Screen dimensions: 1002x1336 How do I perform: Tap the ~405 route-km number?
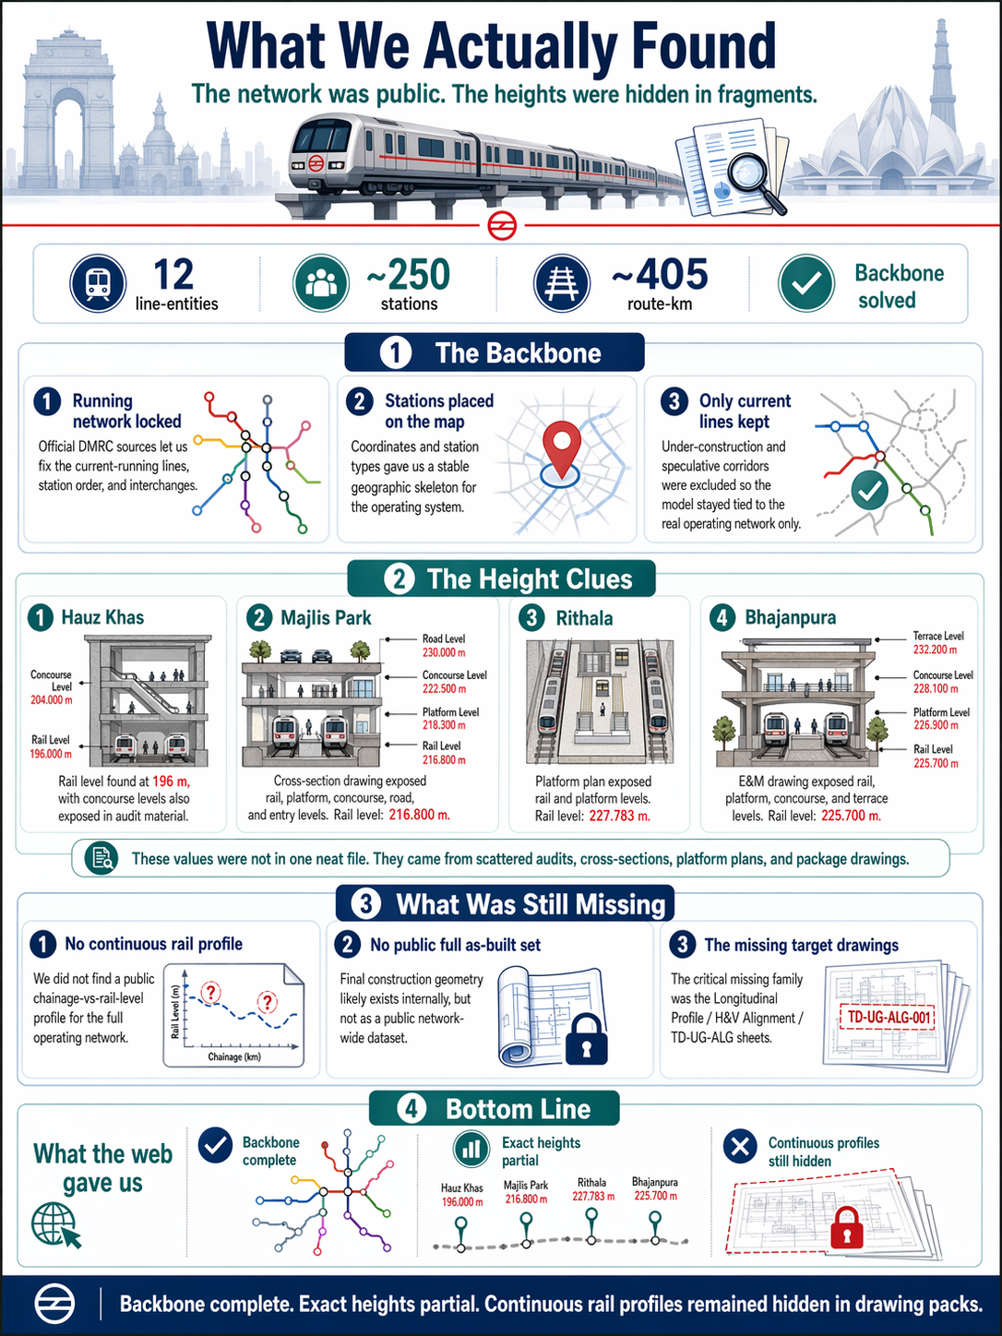tap(660, 275)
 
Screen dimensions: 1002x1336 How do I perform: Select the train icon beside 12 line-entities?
tap(98, 283)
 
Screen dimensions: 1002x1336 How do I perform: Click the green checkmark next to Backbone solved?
tap(806, 283)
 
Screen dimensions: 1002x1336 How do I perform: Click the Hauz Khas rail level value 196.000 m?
tap(51, 754)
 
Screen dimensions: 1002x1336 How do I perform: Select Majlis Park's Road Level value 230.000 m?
tap(444, 652)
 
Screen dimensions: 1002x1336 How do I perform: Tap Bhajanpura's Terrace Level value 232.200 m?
tap(935, 650)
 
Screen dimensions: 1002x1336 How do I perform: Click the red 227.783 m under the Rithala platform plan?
tap(619, 816)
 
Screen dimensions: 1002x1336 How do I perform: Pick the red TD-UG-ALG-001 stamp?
tap(887, 1017)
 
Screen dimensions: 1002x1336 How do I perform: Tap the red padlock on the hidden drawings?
tap(846, 1228)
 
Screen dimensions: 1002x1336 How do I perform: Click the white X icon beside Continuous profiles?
tap(740, 1147)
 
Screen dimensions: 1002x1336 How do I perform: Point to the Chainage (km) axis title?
tap(234, 1056)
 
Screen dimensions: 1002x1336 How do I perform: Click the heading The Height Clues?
tap(530, 579)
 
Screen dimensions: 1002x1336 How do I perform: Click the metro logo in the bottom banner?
tap(54, 1305)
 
